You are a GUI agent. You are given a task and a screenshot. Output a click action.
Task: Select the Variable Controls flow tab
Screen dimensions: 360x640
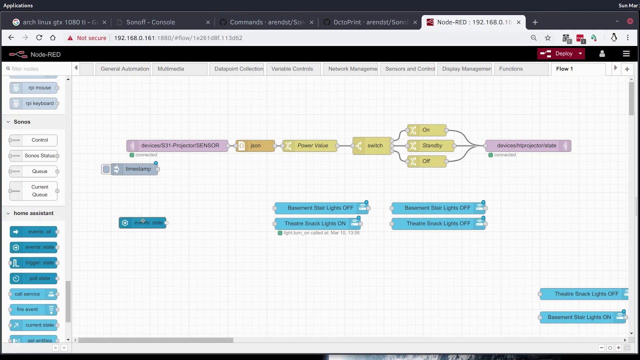tap(292, 69)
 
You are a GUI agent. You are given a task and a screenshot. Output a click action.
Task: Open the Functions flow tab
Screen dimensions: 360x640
tap(510, 69)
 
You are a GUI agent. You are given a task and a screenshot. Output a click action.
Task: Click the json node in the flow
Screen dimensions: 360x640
tap(255, 145)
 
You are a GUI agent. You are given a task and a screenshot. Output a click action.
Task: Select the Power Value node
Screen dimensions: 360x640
tap(312, 145)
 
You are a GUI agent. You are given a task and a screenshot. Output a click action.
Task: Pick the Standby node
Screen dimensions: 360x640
tap(432, 145)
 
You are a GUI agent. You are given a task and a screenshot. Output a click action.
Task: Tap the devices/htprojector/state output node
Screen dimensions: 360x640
tap(526, 145)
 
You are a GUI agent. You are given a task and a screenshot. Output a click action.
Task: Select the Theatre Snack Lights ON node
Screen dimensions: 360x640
tap(315, 223)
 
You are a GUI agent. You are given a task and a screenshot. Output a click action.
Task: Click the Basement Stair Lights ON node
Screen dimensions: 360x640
tap(579, 317)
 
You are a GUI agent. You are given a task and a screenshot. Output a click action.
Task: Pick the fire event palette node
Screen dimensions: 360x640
tap(27, 309)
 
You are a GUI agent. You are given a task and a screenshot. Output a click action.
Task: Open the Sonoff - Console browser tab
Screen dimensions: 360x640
tap(150, 22)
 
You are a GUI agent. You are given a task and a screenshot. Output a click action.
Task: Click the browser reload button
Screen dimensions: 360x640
tap(39, 38)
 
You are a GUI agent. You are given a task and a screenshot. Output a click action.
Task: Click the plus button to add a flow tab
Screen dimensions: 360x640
tap(626, 69)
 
